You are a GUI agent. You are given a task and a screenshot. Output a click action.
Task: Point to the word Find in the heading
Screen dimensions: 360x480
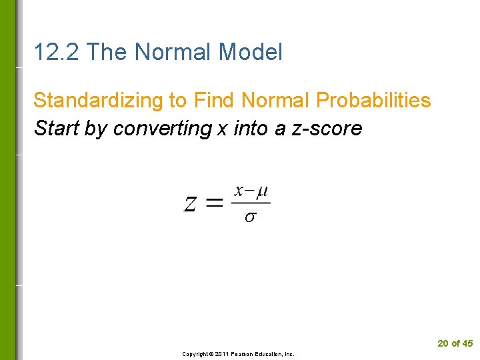tap(215, 101)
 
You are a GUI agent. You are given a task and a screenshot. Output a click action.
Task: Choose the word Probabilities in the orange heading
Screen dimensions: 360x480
tap(373, 101)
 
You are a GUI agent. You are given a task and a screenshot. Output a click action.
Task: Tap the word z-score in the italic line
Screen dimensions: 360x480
tap(327, 128)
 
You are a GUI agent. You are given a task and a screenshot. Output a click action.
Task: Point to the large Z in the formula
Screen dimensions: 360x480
tap(191, 203)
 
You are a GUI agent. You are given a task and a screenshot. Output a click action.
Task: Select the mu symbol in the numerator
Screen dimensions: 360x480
tap(262, 192)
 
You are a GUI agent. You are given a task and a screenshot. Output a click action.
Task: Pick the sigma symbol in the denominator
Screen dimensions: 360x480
tap(249, 218)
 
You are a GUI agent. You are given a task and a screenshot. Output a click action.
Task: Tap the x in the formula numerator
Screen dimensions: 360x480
tap(239, 192)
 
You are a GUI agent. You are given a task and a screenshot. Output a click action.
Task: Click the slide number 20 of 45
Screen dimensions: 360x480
tap(455, 343)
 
